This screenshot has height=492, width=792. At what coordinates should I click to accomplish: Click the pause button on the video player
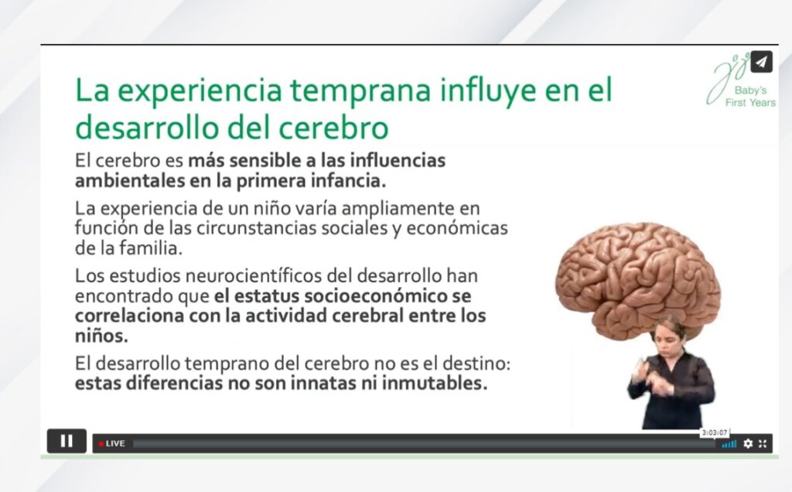point(66,441)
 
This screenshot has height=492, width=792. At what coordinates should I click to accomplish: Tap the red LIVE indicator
point(112,443)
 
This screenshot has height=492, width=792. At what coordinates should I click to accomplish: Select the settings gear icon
point(747,443)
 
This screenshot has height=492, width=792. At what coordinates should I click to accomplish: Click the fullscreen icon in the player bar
point(763,443)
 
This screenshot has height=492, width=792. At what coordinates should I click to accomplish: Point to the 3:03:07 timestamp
point(714,432)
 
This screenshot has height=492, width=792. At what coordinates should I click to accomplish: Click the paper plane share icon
point(761,62)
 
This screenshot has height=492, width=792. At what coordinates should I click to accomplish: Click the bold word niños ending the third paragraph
point(100,336)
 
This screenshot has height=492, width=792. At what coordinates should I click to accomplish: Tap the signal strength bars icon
point(729,443)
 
